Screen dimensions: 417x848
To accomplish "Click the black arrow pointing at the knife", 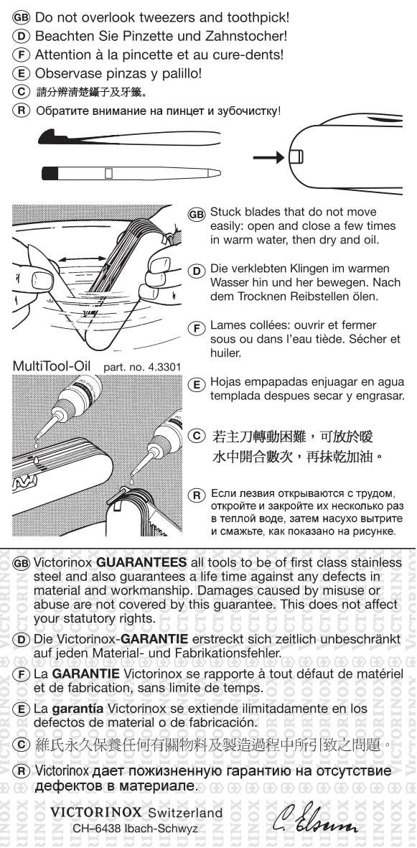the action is tap(268, 157).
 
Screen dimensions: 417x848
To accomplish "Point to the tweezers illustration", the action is tap(130, 138).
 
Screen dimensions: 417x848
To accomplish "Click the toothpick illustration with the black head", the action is tap(131, 173).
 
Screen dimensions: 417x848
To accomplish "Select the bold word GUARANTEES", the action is tap(141, 562).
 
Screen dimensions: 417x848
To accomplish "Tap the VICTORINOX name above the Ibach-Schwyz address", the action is tap(96, 812).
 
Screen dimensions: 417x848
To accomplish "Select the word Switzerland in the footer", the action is tap(185, 812).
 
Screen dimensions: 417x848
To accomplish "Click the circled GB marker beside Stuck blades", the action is tap(197, 214).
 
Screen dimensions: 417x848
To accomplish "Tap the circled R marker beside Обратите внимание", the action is tap(21, 111).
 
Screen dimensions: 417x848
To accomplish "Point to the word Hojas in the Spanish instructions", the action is tap(224, 382).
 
